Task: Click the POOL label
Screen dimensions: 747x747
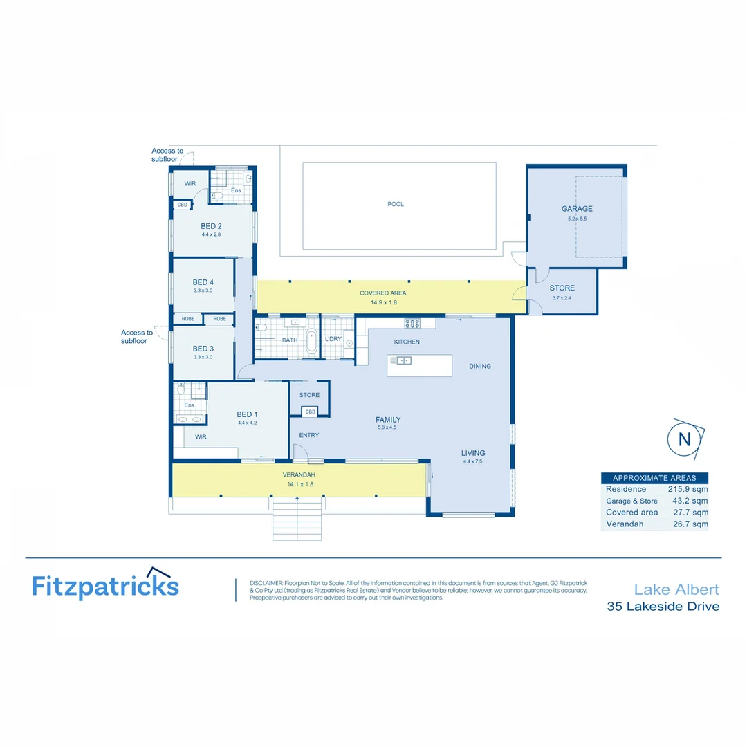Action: tap(396, 204)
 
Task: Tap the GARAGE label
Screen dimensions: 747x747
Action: tap(577, 209)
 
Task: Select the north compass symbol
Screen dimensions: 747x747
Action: tap(684, 439)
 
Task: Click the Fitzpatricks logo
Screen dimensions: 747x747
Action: tap(105, 585)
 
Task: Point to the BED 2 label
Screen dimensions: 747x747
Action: tap(211, 226)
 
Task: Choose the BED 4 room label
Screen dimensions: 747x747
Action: tap(203, 282)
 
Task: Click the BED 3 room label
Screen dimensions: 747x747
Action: tap(203, 349)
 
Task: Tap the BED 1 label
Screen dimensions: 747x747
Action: tap(247, 414)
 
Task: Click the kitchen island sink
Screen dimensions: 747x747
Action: tap(402, 360)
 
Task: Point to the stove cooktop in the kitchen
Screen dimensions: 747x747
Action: tap(412, 323)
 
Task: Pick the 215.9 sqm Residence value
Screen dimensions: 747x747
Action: tap(688, 489)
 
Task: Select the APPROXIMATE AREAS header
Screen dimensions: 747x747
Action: tap(654, 478)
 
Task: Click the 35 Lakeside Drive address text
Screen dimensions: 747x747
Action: tap(663, 607)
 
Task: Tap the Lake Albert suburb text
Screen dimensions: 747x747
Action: tap(676, 589)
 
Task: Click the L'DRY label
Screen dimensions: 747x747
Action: tap(333, 339)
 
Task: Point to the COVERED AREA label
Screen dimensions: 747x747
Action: tap(382, 293)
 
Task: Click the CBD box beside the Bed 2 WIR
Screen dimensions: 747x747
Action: tap(183, 205)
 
